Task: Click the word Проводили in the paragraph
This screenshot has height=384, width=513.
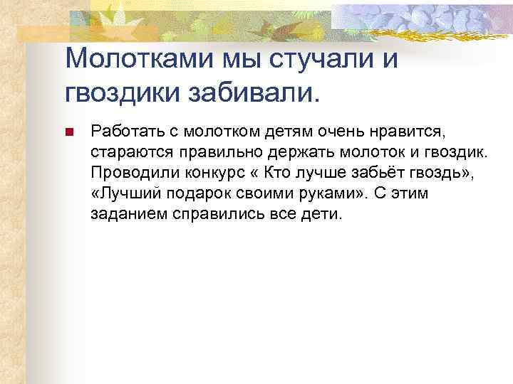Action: (128, 173)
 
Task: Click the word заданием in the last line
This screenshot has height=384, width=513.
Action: (122, 214)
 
